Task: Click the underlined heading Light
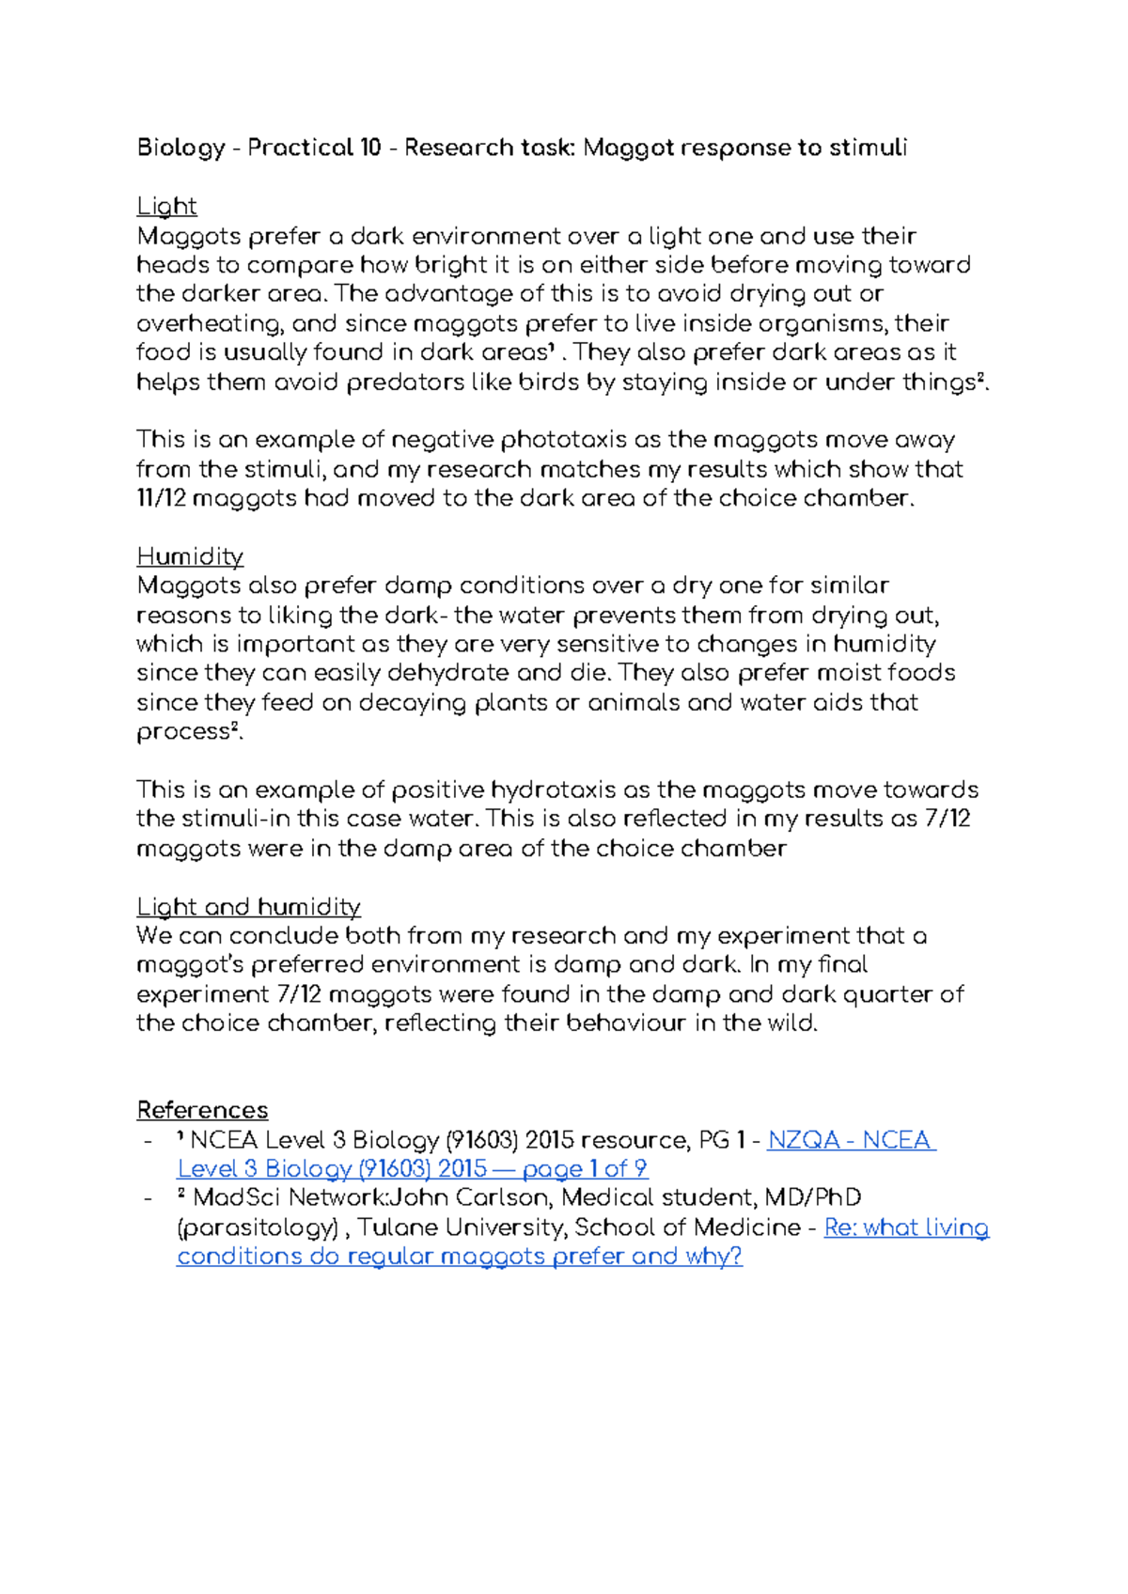coord(166,207)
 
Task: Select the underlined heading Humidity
coord(190,556)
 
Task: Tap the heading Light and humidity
coord(248,907)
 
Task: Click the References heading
coord(202,1110)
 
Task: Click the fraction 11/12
coord(162,498)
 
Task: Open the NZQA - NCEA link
coord(851,1140)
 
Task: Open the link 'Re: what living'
coord(906,1227)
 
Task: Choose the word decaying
coord(413,703)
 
